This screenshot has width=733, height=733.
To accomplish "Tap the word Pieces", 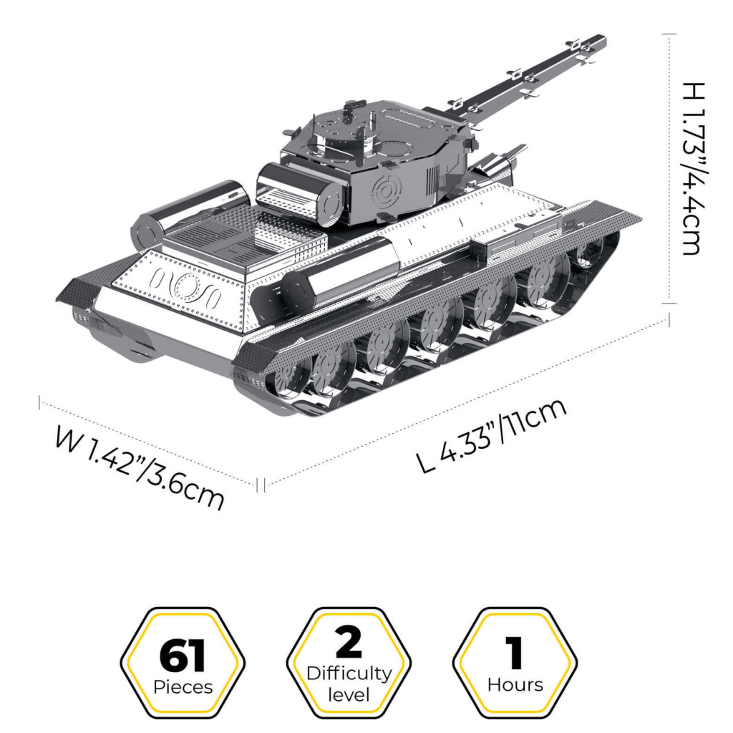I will (x=183, y=687).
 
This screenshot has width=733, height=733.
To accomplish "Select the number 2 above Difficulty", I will (x=349, y=642).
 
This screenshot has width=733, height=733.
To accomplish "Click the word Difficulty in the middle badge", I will (x=349, y=674).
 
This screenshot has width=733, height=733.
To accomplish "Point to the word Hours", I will (x=515, y=684).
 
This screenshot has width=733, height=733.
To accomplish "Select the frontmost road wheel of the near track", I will (x=587, y=252).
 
